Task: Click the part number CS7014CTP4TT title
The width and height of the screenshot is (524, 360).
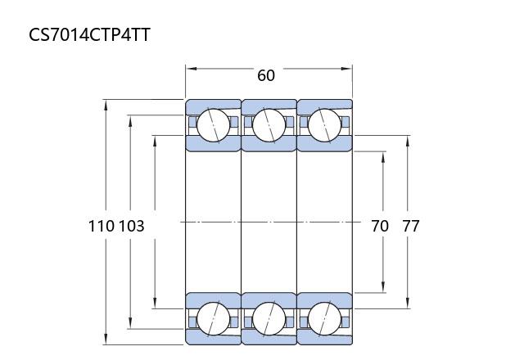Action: coord(89,34)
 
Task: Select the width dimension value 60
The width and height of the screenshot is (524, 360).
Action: coord(266,75)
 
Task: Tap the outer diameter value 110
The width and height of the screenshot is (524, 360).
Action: coord(102,226)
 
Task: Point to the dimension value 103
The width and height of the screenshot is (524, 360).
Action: coord(132,226)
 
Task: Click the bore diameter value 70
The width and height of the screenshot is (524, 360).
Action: coord(380,226)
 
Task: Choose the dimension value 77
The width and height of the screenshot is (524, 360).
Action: coord(410,226)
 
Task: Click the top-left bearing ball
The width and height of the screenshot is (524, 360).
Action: coord(213,125)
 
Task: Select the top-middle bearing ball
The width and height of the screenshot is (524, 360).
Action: coord(269,125)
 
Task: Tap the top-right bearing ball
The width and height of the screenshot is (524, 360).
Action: coord(324,125)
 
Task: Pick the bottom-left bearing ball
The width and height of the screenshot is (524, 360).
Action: coord(213,319)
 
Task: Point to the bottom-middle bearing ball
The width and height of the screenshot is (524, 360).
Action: coord(269,319)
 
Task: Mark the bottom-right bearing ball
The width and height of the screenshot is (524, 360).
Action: coord(324,319)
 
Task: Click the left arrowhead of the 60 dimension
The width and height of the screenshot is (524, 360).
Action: coord(191,69)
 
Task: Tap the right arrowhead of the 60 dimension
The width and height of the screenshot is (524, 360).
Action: coord(346,69)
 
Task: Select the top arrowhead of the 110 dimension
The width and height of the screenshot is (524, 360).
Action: coord(106,105)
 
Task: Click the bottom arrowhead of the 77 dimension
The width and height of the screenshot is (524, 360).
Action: coord(408,303)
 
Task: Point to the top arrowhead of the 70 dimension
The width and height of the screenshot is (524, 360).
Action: coord(383,157)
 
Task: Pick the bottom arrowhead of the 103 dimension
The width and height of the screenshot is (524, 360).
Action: coord(130,323)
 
